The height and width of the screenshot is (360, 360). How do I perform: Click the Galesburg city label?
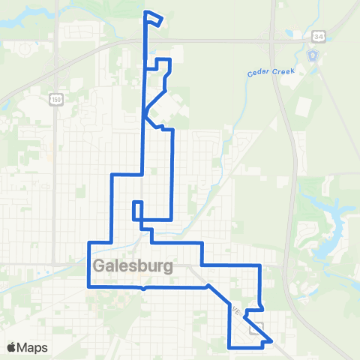pos(133,266)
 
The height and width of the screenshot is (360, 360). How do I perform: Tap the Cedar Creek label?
pos(271,73)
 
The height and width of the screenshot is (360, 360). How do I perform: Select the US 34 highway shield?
pos(319,36)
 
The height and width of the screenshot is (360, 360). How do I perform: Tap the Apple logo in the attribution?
pos(13,347)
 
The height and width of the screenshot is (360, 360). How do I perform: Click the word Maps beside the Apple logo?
pos(34,347)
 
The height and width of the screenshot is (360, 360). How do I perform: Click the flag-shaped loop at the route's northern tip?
pos(153,19)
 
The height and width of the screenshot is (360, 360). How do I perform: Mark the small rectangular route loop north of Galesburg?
pos(137,211)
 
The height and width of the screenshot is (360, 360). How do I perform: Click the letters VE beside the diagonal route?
pos(236,310)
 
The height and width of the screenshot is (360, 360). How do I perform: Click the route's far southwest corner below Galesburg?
pos(89,286)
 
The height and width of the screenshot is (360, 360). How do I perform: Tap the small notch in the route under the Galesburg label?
pos(144,287)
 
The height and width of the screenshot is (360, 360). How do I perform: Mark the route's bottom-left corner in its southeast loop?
pos(229,347)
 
